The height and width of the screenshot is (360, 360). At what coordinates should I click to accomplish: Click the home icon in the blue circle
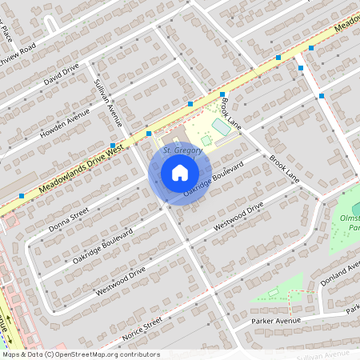(x=180, y=172)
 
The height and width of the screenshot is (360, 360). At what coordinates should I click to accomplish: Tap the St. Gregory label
(x=180, y=150)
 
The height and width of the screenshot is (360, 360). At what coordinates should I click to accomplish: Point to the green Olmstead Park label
(x=350, y=222)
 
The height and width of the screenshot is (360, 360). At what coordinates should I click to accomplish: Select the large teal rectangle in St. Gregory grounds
(x=220, y=126)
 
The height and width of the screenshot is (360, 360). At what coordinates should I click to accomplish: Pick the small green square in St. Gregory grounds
(x=206, y=140)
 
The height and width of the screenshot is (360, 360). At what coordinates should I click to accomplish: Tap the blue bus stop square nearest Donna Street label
(x=22, y=195)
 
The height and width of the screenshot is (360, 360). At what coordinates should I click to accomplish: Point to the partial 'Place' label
(x=9, y=34)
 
